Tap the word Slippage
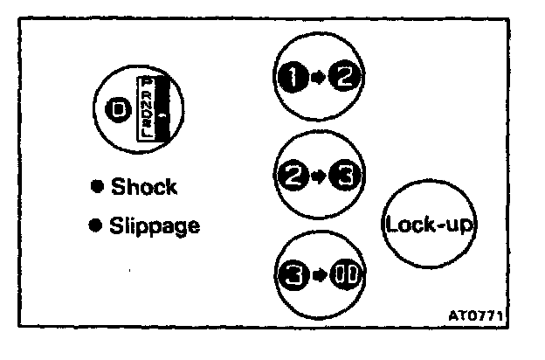(x=155, y=226)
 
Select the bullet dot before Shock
(x=98, y=186)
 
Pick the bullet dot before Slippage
(x=98, y=225)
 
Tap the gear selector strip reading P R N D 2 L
(x=148, y=108)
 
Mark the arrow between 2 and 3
(x=318, y=178)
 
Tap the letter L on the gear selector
(x=148, y=136)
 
